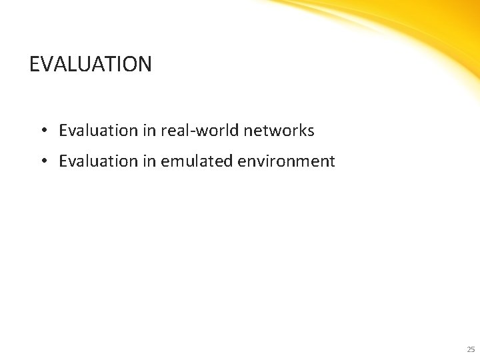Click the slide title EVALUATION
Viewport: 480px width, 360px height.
click(x=91, y=64)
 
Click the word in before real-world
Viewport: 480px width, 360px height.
click(x=149, y=131)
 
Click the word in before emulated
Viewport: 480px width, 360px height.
click(x=149, y=161)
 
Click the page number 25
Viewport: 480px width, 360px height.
click(x=471, y=349)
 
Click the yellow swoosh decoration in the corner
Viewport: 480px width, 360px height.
click(x=427, y=27)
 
